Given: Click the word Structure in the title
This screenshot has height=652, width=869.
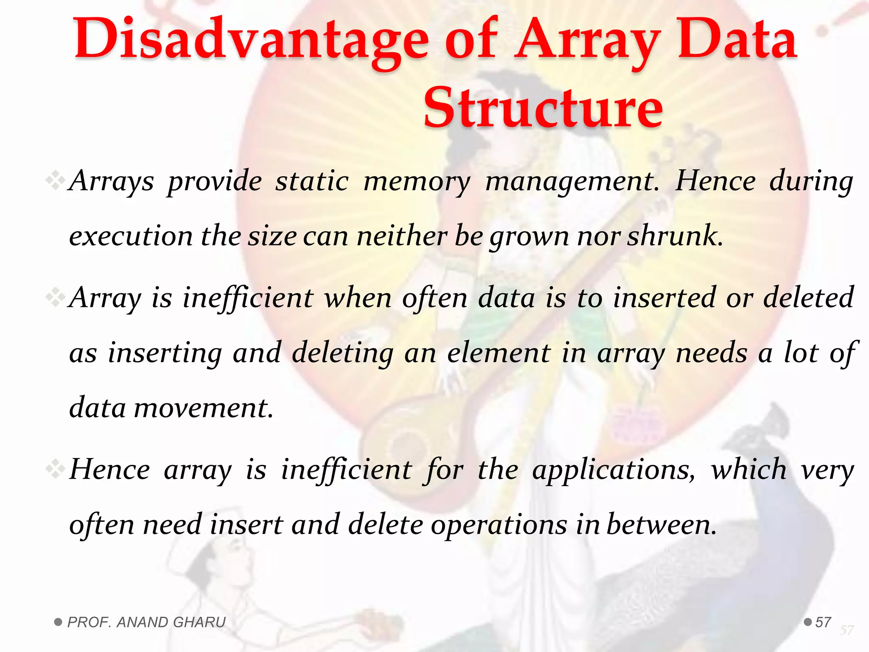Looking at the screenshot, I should (x=543, y=108).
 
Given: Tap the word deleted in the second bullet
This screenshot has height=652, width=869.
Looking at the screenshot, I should (x=808, y=298).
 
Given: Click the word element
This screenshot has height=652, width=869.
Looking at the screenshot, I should (x=499, y=353).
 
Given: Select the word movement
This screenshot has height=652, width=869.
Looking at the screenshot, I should (x=204, y=408).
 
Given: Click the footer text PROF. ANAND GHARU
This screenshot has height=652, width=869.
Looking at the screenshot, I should (x=146, y=622).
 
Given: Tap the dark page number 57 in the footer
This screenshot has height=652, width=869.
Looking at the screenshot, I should (x=823, y=622).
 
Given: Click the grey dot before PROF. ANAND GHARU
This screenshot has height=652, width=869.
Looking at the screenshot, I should (x=59, y=622).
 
